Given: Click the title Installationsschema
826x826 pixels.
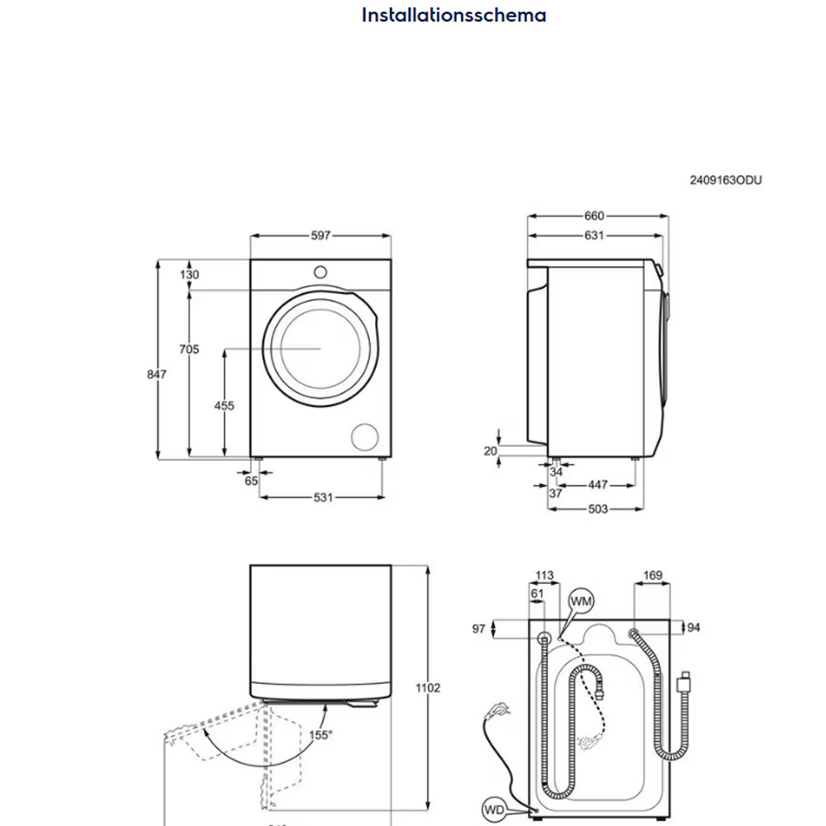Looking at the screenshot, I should tap(453, 15).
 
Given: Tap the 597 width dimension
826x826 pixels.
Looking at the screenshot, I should tap(320, 235).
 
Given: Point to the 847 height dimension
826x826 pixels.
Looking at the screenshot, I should tap(157, 374).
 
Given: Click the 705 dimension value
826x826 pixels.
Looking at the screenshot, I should tap(189, 349).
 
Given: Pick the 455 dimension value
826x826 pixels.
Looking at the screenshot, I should tap(224, 406).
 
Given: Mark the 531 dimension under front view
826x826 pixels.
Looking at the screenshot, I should tap(323, 497).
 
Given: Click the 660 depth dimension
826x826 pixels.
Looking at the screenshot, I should tap(594, 216).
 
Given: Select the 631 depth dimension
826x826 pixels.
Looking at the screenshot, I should tap(594, 235).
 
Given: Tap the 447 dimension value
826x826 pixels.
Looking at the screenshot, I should tap(597, 485).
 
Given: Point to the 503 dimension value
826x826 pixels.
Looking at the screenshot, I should tap(597, 509).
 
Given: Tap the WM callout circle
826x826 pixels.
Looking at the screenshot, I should tap(581, 602).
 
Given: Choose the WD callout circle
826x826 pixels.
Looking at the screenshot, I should tap(493, 809).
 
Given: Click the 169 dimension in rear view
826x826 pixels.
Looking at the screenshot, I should tap(652, 576).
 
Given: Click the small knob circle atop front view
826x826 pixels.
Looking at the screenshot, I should tap(319, 271).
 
